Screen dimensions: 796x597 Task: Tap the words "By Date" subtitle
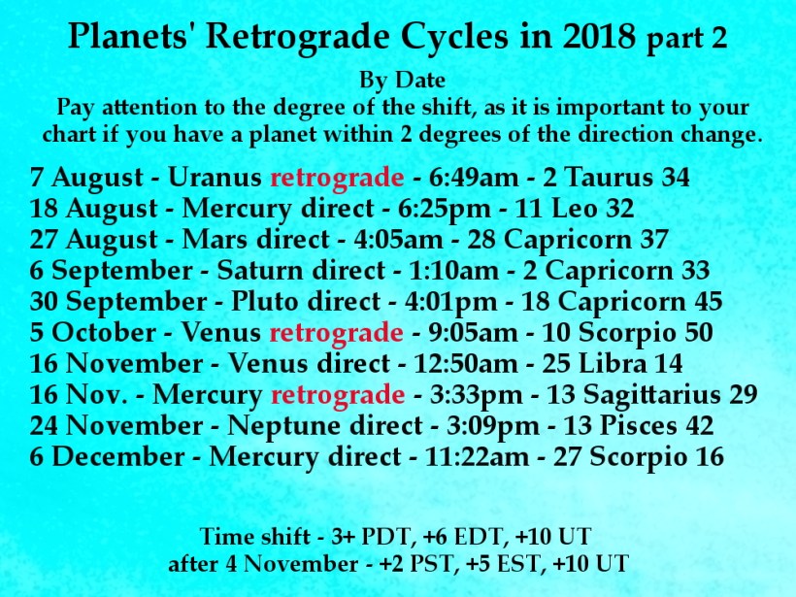click(x=402, y=81)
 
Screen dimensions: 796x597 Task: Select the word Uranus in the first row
click(x=215, y=178)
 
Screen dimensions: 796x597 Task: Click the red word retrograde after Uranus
click(x=337, y=178)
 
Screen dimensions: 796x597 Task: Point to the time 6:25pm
click(x=445, y=209)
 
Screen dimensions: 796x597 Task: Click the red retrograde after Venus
click(x=336, y=333)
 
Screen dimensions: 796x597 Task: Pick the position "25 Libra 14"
click(x=613, y=363)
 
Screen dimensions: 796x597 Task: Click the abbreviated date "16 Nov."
click(x=79, y=394)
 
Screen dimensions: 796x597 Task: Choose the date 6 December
click(x=107, y=457)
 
